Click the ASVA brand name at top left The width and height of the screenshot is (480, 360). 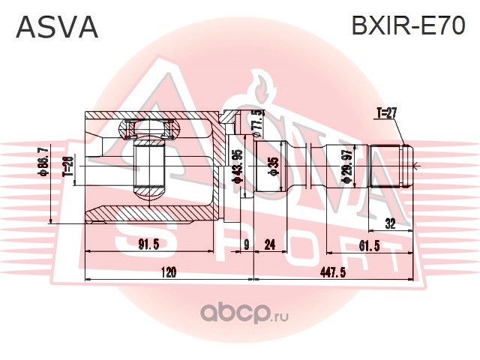[57, 27]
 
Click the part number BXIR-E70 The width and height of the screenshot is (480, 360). [408, 25]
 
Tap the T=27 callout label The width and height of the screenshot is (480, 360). [387, 114]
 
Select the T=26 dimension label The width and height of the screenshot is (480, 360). [69, 166]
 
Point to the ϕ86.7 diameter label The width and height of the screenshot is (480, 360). [43, 160]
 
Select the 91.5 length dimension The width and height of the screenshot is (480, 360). [148, 244]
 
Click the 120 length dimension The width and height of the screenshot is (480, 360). [168, 272]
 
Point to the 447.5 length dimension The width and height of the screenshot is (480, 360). [333, 272]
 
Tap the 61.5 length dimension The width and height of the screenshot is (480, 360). [369, 245]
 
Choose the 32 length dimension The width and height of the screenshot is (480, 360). [390, 223]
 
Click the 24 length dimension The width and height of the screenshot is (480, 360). [269, 244]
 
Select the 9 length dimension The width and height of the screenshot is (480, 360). [247, 244]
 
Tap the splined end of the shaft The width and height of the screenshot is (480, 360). [391, 166]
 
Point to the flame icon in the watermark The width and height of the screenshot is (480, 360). [260, 87]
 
